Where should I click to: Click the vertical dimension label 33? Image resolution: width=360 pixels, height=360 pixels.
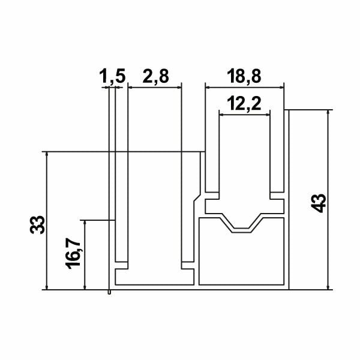[37, 224]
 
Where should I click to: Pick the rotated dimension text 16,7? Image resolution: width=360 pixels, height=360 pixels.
[74, 254]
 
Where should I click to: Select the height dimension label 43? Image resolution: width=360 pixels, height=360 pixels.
[319, 203]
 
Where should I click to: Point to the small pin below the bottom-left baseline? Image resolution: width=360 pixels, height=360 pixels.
[109, 292]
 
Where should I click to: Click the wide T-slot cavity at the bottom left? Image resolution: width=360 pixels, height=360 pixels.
[154, 277]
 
